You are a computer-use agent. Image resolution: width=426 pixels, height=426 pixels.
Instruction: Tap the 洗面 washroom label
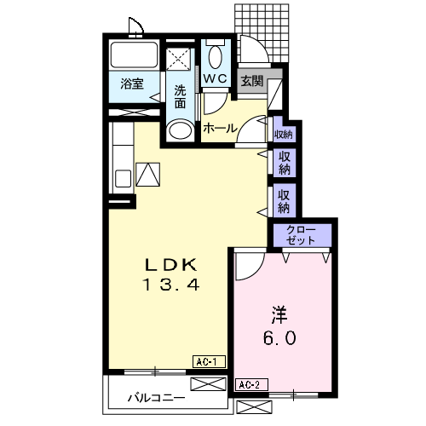[181, 96]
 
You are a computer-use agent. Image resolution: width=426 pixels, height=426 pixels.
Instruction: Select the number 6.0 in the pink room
[279, 338]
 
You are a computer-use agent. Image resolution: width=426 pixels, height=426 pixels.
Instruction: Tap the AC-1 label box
[207, 362]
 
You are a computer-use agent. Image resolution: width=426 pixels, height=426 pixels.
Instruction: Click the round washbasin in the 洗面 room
[179, 130]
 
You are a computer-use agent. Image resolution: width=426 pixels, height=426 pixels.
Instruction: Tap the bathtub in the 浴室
[133, 55]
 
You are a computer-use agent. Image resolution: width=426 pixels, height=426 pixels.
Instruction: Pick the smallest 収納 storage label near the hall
[283, 134]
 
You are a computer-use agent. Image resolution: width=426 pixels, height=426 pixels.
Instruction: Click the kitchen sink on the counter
[123, 178]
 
